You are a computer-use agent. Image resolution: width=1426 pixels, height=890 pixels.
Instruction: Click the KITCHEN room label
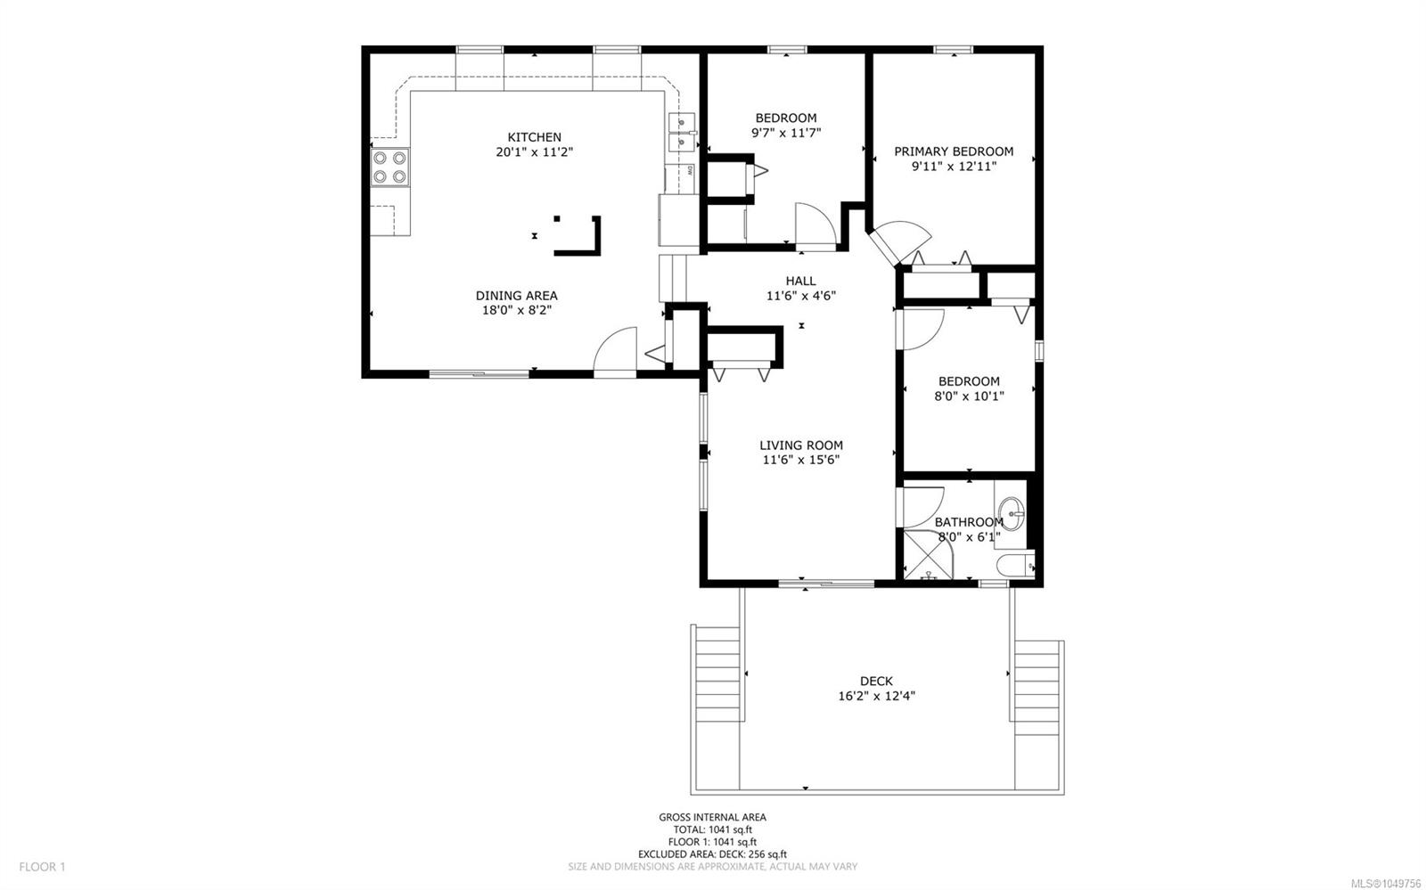pos(534,137)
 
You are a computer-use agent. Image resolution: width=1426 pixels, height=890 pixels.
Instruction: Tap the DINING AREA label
pos(516,295)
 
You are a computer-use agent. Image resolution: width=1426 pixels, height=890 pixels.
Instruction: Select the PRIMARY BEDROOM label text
pos(954,151)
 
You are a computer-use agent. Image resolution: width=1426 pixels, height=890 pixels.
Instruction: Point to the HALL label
pos(800,281)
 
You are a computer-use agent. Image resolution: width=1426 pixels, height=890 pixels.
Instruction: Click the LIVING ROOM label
pos(801,445)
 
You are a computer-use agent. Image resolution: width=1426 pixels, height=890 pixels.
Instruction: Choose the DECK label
pos(877,681)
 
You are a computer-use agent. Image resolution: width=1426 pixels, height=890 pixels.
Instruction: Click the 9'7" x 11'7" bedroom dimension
pos(786,133)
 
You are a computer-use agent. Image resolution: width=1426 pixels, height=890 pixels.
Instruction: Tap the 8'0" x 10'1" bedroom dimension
pos(969,396)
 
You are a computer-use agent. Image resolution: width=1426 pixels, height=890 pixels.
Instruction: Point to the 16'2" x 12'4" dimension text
pos(877,696)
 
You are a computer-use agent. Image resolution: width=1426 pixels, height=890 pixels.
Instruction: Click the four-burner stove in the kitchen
pos(389,167)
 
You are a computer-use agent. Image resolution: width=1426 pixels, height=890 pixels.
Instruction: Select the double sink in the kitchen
pos(682,133)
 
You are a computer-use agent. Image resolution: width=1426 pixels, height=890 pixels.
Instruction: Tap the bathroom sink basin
pos(1011,513)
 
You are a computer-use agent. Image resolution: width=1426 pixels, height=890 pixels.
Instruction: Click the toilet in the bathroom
pos(1015,565)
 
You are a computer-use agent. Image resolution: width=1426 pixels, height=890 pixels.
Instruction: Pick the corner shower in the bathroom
pos(928,555)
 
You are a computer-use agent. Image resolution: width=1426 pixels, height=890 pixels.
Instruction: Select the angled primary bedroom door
pos(899,241)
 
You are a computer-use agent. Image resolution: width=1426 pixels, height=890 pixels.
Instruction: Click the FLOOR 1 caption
pos(42,867)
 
